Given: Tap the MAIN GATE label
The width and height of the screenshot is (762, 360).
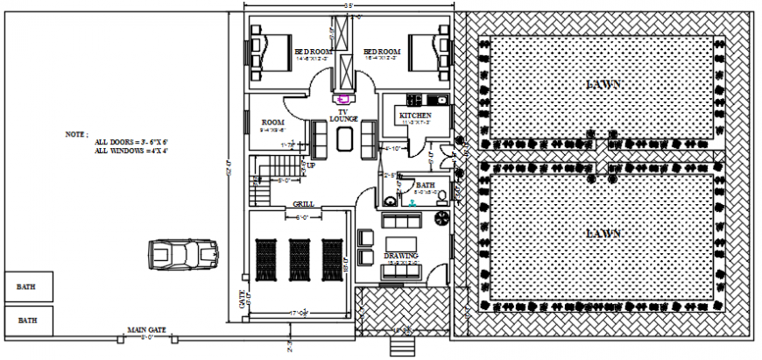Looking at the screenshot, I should click(x=146, y=330).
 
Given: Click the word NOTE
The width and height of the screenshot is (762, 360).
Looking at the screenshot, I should click(x=77, y=135).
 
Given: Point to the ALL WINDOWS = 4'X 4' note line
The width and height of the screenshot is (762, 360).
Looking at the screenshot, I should click(x=131, y=152).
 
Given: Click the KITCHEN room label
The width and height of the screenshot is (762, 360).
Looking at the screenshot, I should click(x=414, y=116).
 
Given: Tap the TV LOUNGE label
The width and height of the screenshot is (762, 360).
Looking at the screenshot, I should click(x=343, y=115).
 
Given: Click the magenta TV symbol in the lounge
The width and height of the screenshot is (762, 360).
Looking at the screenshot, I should click(x=344, y=99).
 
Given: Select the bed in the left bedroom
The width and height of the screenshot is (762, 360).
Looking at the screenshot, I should click(x=271, y=51).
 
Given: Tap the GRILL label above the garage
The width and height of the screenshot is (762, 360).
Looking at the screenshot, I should click(x=303, y=205).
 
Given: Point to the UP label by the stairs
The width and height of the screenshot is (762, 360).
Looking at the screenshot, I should click(x=310, y=165).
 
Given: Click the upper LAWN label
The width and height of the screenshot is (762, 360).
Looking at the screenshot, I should click(x=603, y=85).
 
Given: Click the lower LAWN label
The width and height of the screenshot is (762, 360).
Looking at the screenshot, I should click(x=603, y=234).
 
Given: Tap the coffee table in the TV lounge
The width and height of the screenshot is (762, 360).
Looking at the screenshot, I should click(x=342, y=139).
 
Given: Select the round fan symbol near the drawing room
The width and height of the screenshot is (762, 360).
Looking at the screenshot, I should click(x=441, y=215).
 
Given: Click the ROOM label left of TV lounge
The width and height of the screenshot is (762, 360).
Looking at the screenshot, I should click(x=272, y=123).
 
